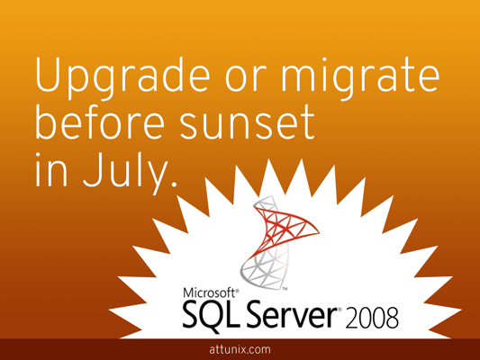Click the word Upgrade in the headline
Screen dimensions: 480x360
122,78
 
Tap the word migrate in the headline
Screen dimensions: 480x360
360,78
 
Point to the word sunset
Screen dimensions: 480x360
247,123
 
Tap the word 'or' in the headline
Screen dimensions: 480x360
244,81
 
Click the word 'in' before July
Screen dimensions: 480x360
50,170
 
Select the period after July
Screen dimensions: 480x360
174,184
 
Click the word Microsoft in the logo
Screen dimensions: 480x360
209,292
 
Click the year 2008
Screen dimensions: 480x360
372,318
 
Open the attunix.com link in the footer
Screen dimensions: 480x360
240,349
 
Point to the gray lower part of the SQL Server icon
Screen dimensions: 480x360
265,269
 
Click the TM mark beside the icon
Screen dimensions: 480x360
285,288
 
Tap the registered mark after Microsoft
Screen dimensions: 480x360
237,290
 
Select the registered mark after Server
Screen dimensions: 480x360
340,310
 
